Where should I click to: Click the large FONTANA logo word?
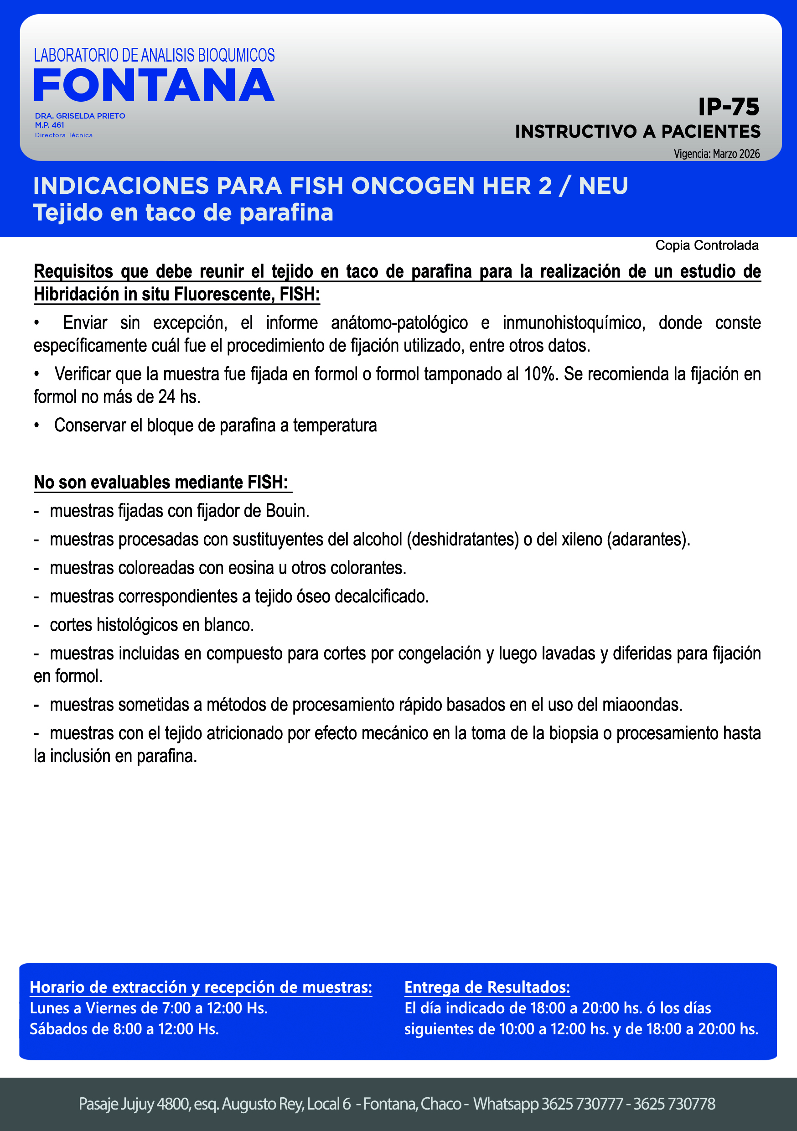(154, 86)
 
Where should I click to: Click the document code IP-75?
(729, 107)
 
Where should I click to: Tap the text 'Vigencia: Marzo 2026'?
(716, 154)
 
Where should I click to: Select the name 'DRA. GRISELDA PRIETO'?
(80, 116)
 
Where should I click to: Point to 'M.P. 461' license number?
(49, 125)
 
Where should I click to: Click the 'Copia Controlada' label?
(706, 245)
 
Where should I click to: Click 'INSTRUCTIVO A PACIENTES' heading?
(637, 131)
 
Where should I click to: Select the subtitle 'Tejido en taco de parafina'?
(183, 213)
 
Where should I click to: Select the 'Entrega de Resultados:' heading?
(486, 987)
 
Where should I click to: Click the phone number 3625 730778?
(674, 1104)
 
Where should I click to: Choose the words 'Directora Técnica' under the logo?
(63, 135)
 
